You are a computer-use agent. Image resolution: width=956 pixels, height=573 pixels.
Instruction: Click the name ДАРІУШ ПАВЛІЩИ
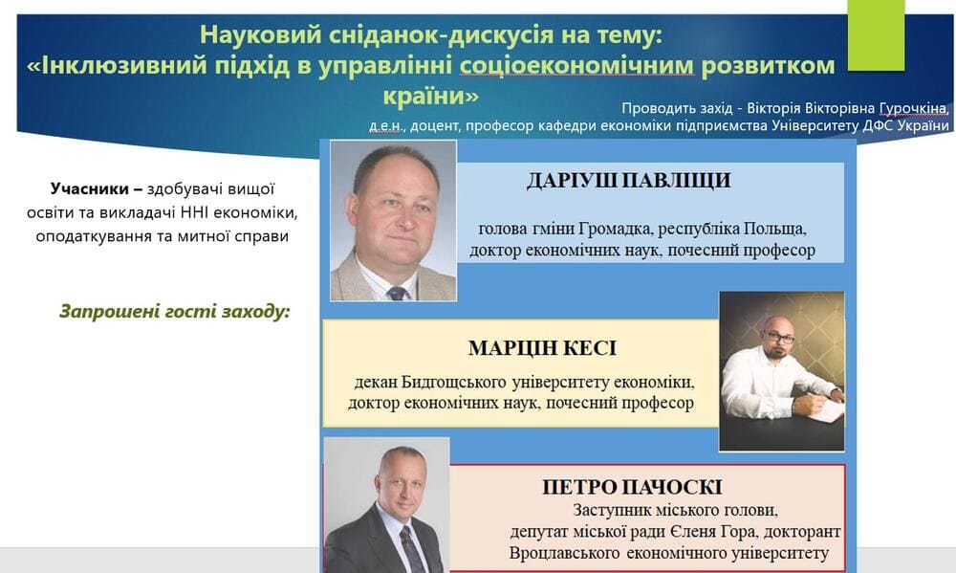[x=629, y=181]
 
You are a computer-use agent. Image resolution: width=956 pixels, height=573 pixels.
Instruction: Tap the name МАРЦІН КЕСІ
[x=542, y=348]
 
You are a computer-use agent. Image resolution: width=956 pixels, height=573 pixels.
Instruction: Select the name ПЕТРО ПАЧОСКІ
[x=632, y=487]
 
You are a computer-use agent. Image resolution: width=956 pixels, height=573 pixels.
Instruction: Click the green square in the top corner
[x=876, y=34]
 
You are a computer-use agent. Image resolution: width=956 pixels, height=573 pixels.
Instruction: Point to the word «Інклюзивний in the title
[x=116, y=65]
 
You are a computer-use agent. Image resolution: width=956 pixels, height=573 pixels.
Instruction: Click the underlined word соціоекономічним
[x=576, y=65]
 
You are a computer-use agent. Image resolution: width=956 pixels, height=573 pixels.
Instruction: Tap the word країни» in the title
[x=431, y=97]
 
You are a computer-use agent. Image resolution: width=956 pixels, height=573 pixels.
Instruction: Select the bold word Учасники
[x=90, y=189]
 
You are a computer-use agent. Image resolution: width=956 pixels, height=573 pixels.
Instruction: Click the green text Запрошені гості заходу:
[x=175, y=312]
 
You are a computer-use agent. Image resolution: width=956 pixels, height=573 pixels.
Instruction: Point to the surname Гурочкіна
[x=913, y=109]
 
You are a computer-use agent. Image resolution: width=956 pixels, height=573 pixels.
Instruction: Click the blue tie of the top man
[x=398, y=294]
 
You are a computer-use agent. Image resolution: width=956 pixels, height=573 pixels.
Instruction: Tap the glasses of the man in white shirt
[x=780, y=336]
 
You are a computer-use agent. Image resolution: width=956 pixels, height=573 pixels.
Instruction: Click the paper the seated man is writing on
[x=827, y=410]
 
